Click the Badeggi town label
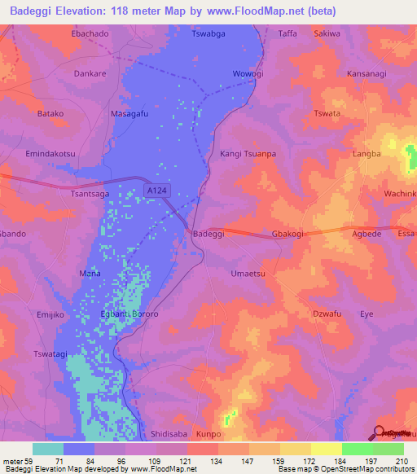pyautogui.click(x=208, y=234)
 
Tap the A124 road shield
pyautogui.click(x=157, y=190)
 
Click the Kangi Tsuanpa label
pyautogui.click(x=248, y=153)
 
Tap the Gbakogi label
pyautogui.click(x=288, y=234)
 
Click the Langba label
pyautogui.click(x=366, y=153)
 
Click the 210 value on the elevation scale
pyautogui.click(x=401, y=461)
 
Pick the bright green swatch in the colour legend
pyautogui.click(x=357, y=449)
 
